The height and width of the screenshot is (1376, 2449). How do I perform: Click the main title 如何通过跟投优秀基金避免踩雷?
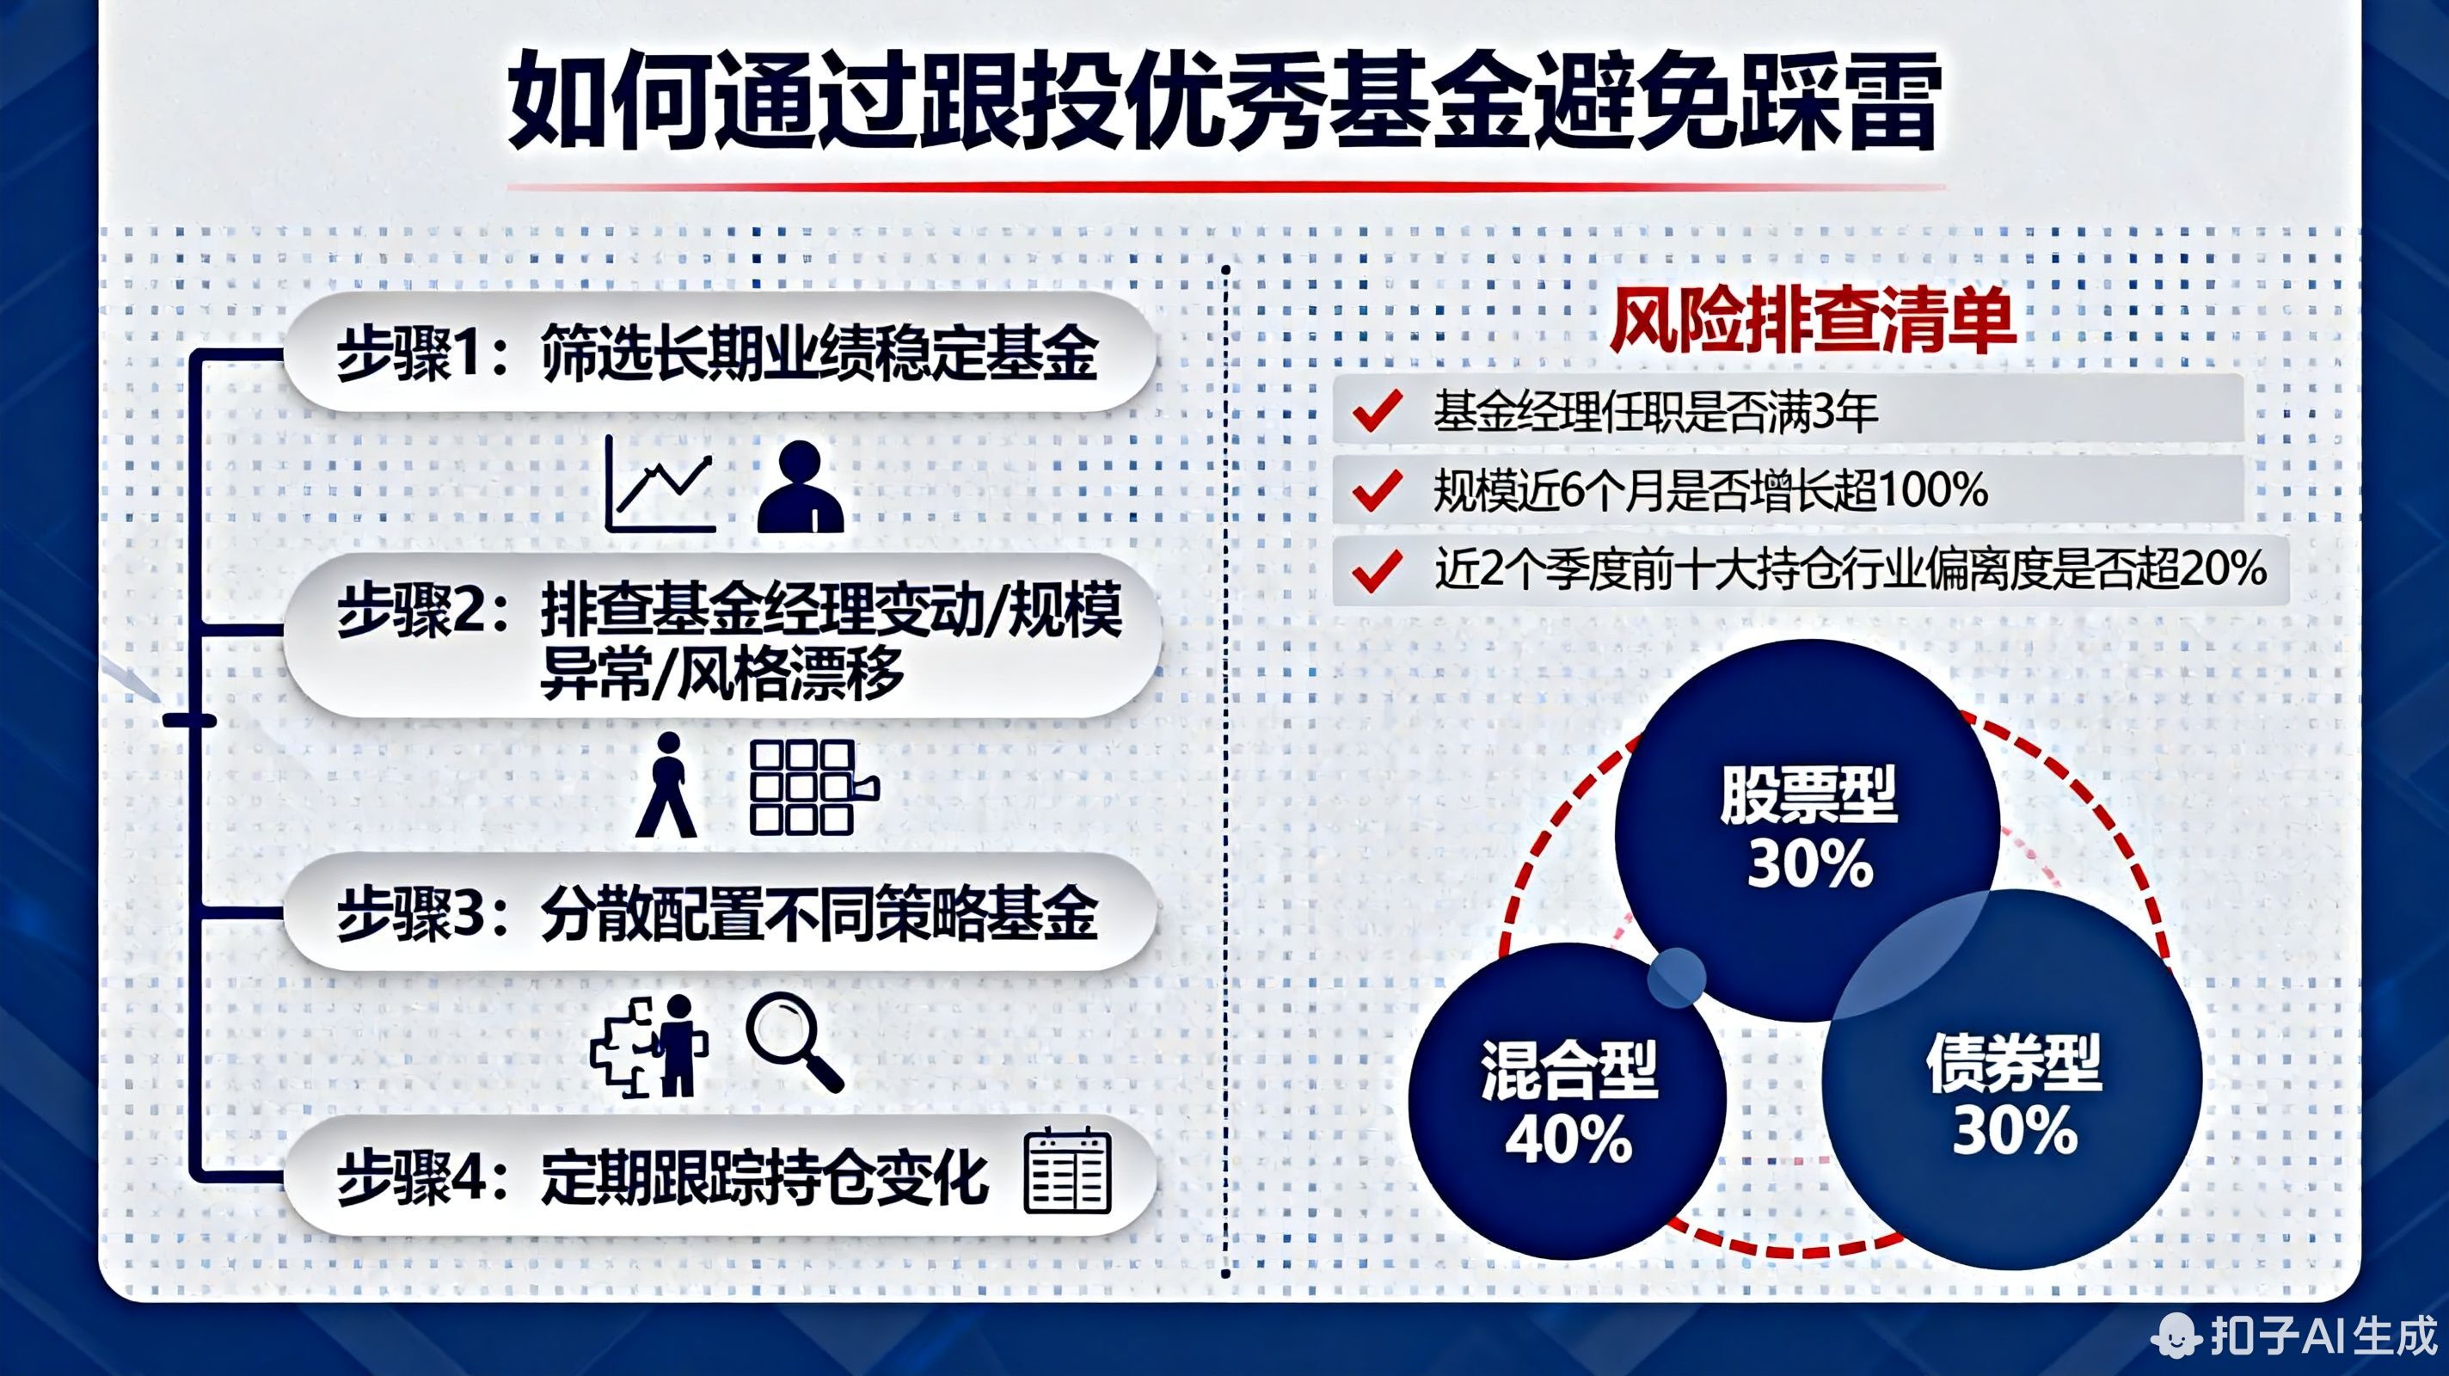pos(1224,102)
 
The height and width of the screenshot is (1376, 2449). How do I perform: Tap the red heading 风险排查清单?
pos(1812,321)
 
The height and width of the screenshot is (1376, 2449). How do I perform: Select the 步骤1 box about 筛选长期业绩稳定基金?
pos(719,353)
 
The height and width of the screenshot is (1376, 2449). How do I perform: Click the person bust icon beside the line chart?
pos(801,486)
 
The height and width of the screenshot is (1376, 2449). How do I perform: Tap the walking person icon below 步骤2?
pos(667,784)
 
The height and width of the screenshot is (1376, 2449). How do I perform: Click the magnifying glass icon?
pos(794,1041)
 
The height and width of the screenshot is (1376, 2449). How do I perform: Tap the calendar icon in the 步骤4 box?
pos(1066,1171)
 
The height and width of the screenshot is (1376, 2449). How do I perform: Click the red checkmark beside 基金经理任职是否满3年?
pos(1377,411)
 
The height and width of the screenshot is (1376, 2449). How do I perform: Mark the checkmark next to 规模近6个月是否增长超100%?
pos(1377,491)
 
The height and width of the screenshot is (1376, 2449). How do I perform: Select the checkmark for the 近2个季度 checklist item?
pos(1377,570)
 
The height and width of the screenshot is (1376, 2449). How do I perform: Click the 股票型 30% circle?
pos(1807,827)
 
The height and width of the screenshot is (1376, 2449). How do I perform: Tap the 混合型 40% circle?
pos(1567,1103)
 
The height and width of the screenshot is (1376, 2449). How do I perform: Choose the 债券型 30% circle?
pos(2014,1094)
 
